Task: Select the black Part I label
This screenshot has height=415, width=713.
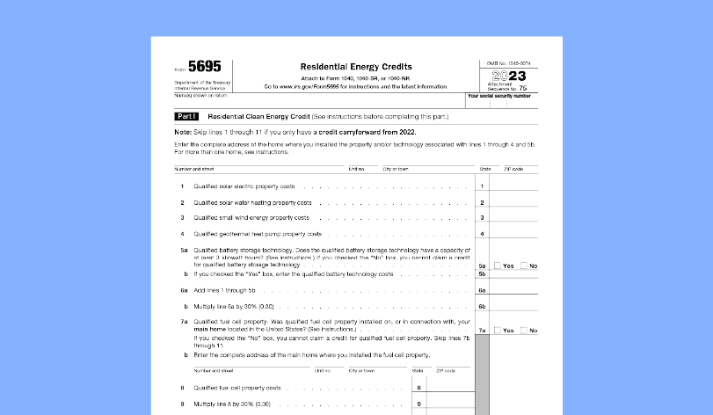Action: coord(186,116)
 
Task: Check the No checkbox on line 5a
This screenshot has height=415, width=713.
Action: coord(524,266)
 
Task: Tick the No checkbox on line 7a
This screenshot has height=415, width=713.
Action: coord(524,331)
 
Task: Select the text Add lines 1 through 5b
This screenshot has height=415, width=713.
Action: coord(224,289)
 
